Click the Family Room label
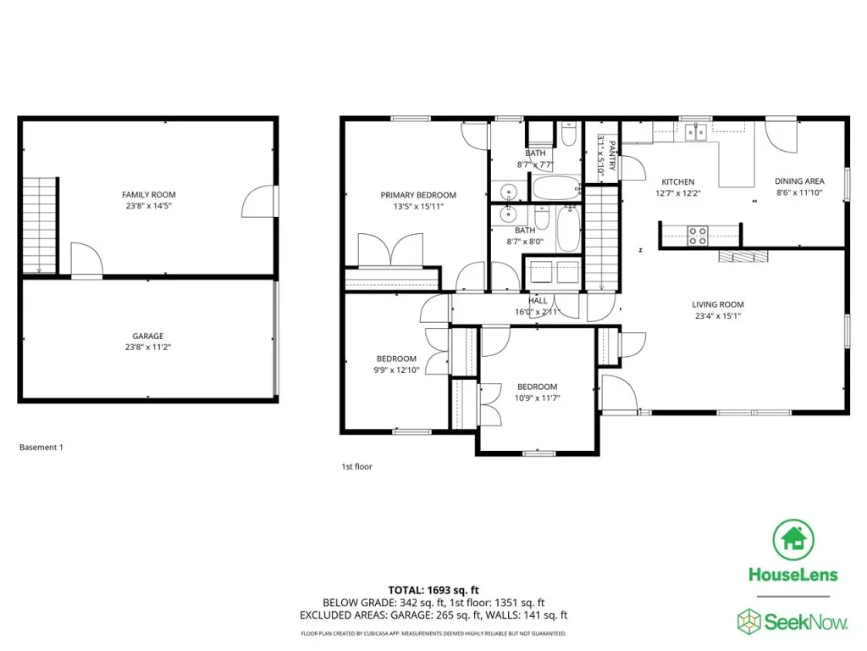(x=149, y=195)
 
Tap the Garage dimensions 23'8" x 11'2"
(x=147, y=348)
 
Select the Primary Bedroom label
(x=418, y=196)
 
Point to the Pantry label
(x=612, y=156)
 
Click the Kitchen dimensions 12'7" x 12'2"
(x=678, y=193)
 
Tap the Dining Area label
(x=799, y=181)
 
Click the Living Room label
(x=718, y=304)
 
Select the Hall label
(x=538, y=301)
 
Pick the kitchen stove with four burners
(x=698, y=236)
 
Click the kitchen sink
(x=696, y=132)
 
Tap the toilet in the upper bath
(x=569, y=134)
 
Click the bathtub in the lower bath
(x=568, y=228)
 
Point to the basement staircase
(x=40, y=225)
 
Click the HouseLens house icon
(x=793, y=540)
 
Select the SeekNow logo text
(x=805, y=622)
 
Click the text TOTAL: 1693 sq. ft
(x=433, y=590)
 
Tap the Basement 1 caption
(x=41, y=448)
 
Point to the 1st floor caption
(x=356, y=467)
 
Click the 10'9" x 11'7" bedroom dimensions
(x=537, y=398)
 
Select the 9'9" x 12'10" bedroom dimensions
(x=396, y=370)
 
